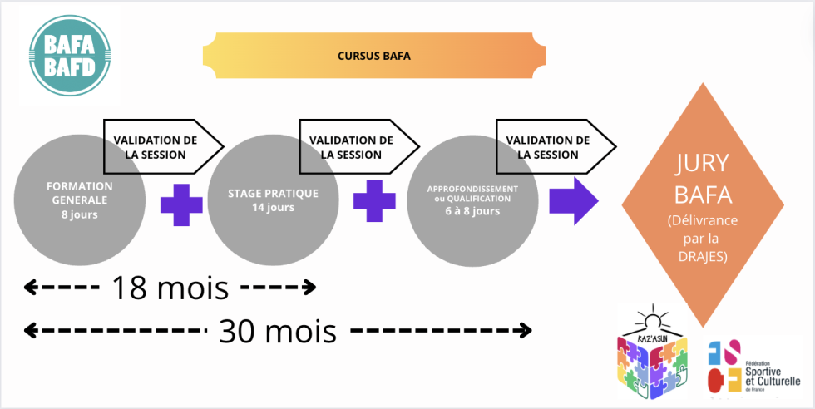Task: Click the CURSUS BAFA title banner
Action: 373,57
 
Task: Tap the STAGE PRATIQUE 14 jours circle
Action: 273,200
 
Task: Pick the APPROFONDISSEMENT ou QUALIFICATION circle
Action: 470,200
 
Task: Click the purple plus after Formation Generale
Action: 181,204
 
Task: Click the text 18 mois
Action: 170,288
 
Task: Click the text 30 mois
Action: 278,331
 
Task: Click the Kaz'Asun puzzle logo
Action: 653,358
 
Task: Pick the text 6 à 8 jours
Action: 471,212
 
